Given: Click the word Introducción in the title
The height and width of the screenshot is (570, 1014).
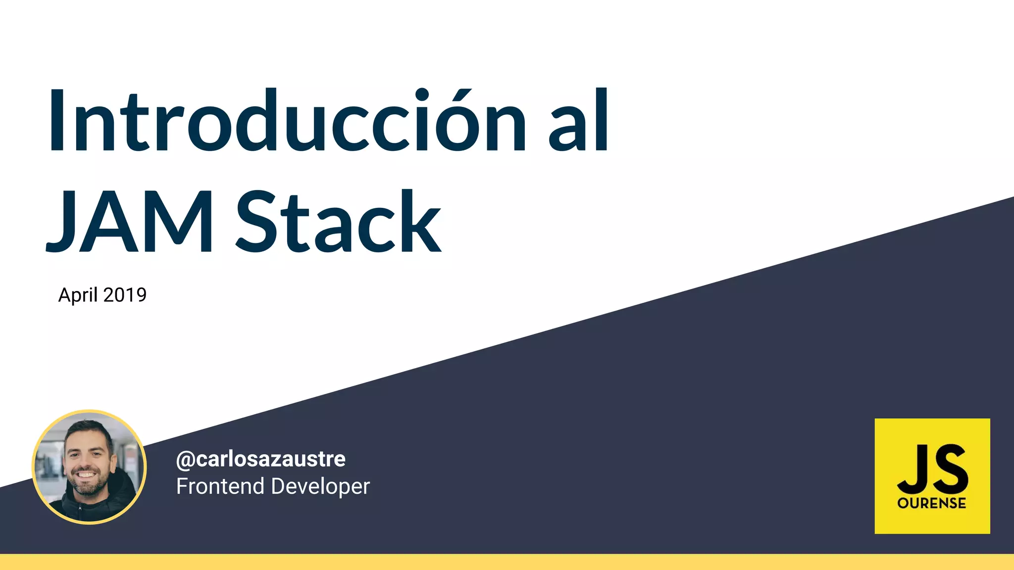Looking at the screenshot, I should (287, 121).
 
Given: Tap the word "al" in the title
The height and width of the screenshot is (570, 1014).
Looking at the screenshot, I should (578, 121).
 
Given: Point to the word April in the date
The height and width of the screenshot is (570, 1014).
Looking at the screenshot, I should (78, 295).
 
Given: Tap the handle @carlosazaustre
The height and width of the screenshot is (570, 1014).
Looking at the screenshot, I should (261, 459).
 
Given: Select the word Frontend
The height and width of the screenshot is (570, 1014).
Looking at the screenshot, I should (220, 486).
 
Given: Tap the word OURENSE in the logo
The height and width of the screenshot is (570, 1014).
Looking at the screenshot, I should (932, 504).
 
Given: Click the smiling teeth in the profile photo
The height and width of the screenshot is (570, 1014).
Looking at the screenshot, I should (86, 475).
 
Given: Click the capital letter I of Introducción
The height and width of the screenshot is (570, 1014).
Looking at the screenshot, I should (56, 121).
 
